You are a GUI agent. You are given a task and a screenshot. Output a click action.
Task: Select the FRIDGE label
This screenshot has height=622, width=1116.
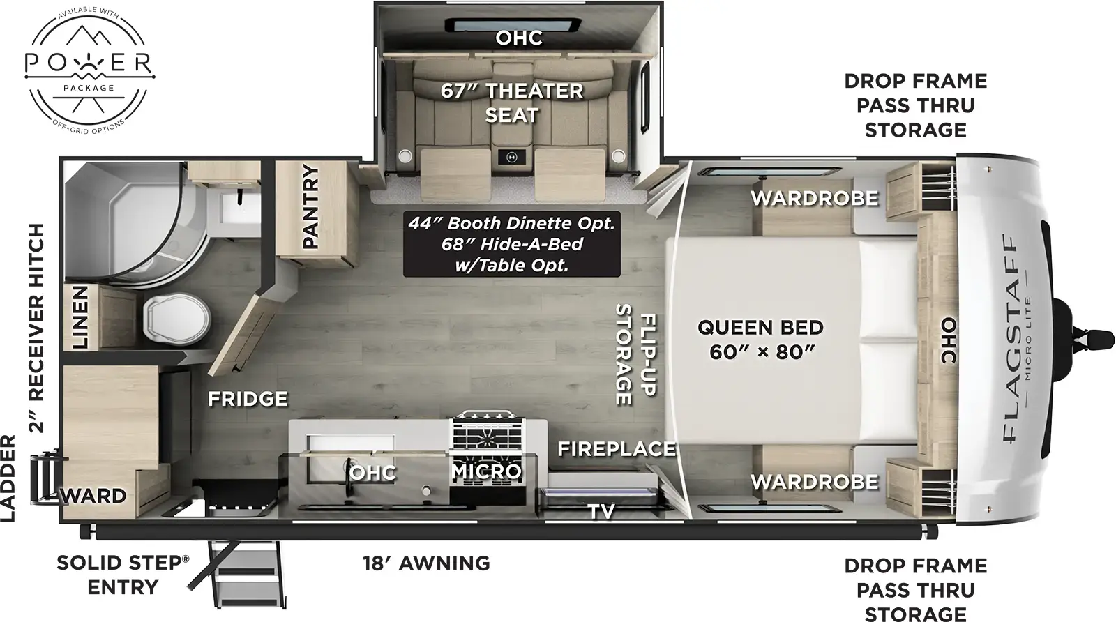248,399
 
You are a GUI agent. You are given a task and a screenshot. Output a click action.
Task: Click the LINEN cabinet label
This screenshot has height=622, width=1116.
81,317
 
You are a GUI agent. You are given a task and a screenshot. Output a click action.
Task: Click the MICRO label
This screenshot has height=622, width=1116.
486,472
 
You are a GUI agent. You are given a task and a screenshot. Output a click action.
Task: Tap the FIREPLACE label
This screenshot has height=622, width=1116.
617,449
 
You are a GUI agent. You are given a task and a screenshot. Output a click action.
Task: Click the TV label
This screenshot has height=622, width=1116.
601,512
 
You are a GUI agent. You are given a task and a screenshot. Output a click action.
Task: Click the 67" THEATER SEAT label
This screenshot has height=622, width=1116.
511,103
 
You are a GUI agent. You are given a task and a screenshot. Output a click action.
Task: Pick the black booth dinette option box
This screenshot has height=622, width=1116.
511,244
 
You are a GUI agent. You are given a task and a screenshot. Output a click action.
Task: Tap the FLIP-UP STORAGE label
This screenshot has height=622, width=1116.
635,355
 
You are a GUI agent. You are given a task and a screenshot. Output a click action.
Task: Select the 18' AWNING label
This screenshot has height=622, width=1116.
426,563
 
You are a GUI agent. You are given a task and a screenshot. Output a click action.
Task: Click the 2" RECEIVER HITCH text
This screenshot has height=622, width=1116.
36,328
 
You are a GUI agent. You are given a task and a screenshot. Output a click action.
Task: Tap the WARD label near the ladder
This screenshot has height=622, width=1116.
95,496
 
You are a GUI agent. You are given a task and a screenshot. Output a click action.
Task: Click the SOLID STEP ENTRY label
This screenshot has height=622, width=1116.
123,575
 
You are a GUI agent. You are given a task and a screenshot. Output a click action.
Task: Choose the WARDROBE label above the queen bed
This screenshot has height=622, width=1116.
814,198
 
